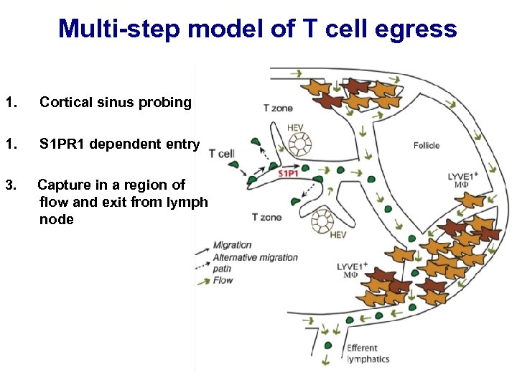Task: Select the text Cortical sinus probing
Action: (116, 103)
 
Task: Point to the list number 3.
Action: (8, 185)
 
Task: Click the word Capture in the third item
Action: (66, 185)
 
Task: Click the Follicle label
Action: (427, 145)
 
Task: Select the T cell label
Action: (222, 153)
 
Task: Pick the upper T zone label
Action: (278, 108)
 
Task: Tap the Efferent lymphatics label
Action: (368, 354)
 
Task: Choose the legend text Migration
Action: (232, 245)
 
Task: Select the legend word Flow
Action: (223, 280)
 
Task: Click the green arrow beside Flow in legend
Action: (203, 280)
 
